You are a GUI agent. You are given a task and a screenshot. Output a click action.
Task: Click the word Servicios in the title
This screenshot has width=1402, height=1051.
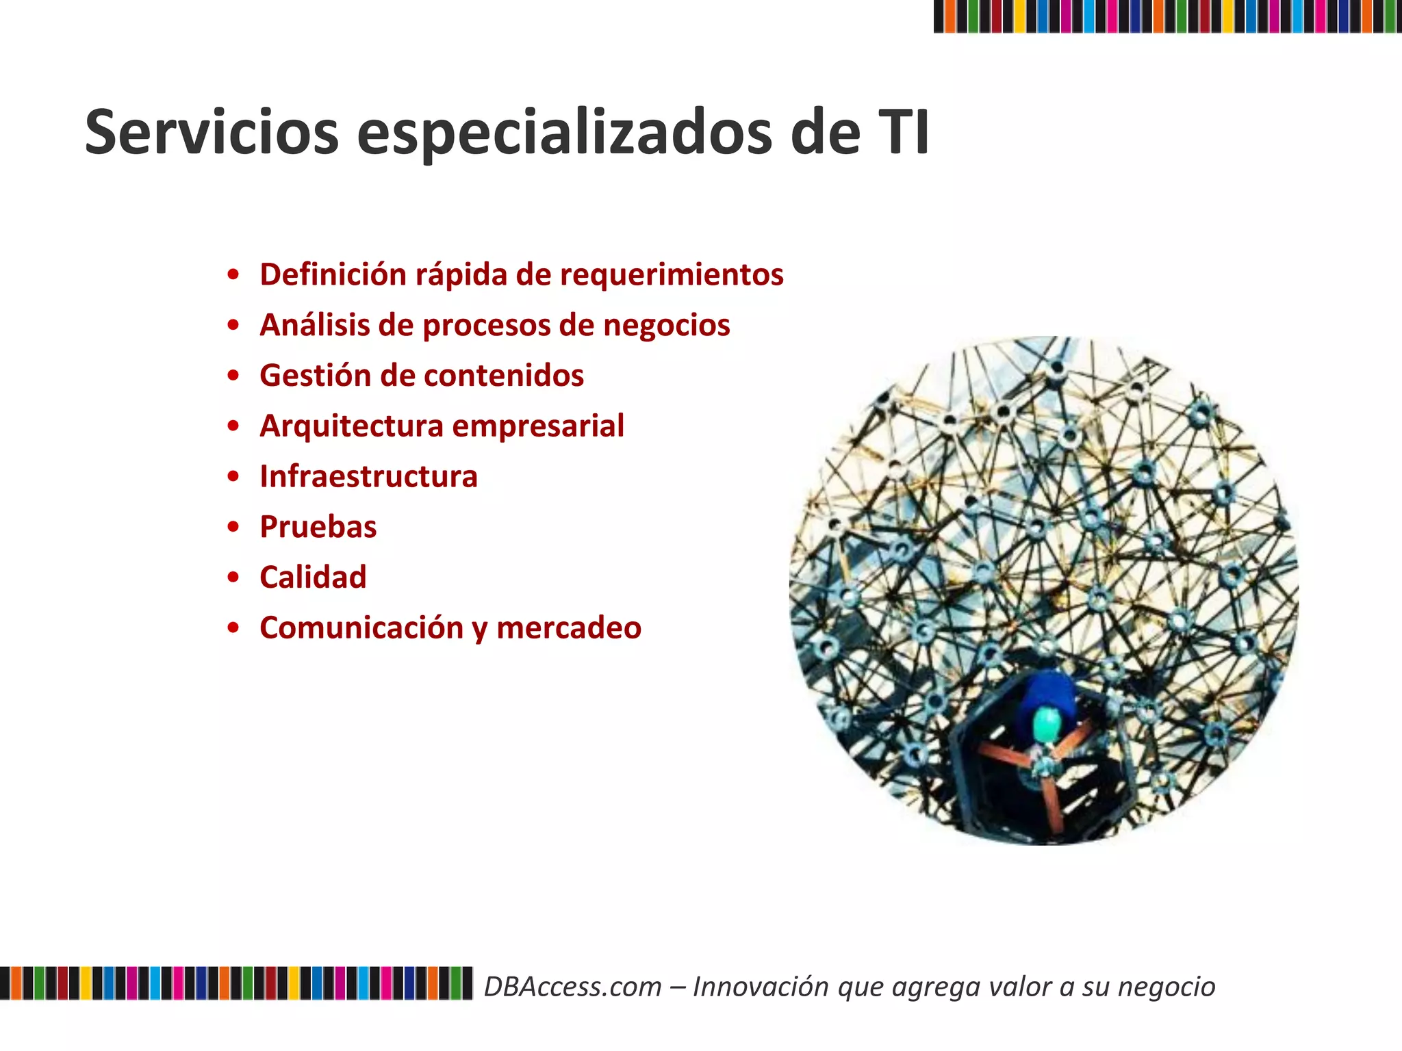pos(212,133)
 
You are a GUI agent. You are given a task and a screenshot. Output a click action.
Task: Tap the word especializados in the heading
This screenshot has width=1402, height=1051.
pos(565,133)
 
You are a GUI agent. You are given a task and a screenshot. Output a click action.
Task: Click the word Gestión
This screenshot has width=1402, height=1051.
pos(314,376)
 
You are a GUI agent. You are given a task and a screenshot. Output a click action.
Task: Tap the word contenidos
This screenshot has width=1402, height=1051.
pos(503,376)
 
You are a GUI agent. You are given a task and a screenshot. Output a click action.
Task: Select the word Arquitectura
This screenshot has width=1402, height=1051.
pos(352,426)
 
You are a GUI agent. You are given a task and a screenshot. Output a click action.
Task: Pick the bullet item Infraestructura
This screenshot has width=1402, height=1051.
pos(368,476)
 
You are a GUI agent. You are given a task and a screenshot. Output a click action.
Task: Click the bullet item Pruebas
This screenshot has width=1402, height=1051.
pos(318,527)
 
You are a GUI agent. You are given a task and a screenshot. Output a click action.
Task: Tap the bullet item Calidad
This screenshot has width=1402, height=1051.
pos(313,578)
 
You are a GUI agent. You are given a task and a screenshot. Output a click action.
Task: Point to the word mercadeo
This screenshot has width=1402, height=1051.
pos(569,628)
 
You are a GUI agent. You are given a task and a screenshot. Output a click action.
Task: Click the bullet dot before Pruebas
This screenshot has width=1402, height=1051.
pos(234,527)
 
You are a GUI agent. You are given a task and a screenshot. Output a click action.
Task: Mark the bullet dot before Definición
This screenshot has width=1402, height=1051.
pos(234,275)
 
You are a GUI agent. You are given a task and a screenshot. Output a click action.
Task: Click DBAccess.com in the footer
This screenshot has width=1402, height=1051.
pos(572,987)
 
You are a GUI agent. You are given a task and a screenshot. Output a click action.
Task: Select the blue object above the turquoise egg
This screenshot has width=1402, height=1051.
pos(1047,691)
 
